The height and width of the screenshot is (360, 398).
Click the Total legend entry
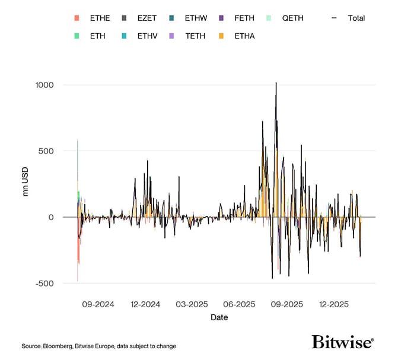coord(350,18)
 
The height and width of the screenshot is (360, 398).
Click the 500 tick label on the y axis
coord(44,151)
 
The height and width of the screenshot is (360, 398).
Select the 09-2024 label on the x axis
coord(98,304)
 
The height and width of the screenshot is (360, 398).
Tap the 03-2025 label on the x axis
coord(192,304)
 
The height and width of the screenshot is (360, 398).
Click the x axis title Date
coord(219,317)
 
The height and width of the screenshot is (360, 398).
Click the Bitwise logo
coord(343,342)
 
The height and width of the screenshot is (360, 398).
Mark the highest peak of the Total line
coord(276,83)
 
